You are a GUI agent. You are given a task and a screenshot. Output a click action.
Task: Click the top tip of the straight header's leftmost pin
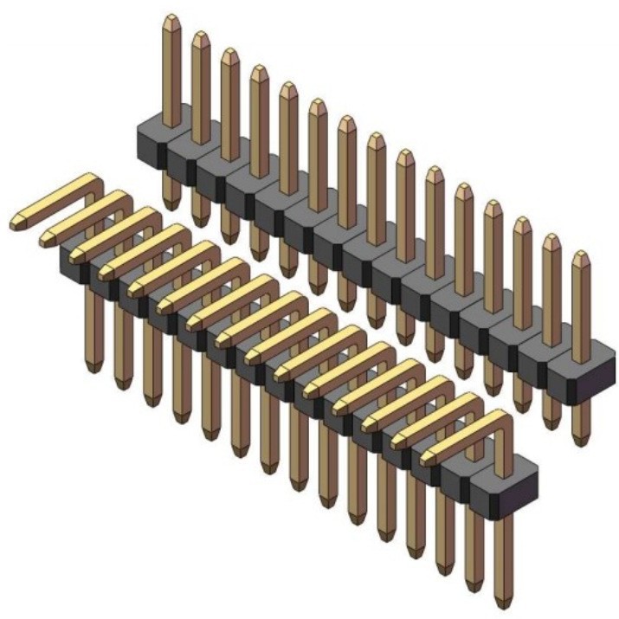click(171, 18)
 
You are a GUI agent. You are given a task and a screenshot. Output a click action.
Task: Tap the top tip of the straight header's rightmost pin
click(580, 255)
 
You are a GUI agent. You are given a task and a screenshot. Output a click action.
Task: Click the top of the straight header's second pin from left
click(200, 35)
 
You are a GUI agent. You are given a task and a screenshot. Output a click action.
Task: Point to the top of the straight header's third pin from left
click(229, 52)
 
